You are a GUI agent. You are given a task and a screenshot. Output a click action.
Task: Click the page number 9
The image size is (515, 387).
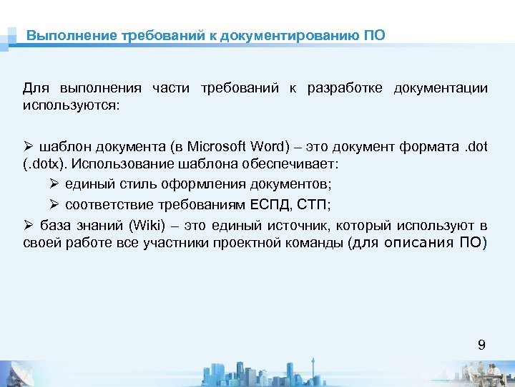[481, 345]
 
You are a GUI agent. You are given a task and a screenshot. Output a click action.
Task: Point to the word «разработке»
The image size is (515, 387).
[345, 89]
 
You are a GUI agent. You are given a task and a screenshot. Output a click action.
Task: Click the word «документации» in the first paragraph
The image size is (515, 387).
[441, 89]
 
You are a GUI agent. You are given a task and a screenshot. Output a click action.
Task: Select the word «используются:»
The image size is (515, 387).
[72, 105]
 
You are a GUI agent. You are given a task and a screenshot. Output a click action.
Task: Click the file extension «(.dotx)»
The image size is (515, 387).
[45, 163]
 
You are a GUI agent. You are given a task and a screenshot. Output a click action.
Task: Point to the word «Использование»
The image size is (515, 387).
[122, 163]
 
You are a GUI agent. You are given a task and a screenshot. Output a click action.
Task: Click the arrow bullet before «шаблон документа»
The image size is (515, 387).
[28, 148]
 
